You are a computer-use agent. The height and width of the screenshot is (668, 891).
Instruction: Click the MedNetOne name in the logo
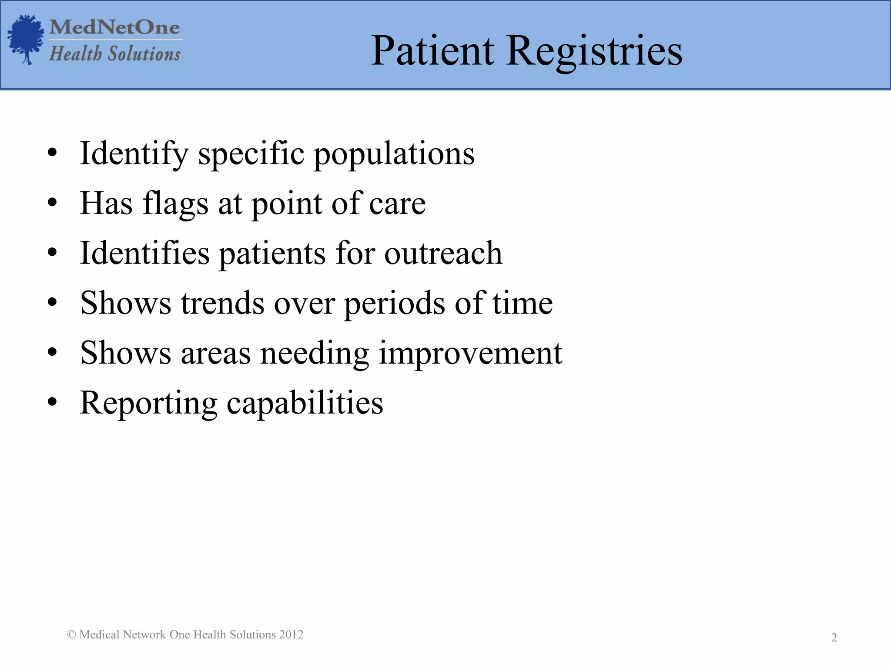[x=115, y=27]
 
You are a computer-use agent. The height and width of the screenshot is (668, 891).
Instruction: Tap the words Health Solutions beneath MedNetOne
[x=115, y=54]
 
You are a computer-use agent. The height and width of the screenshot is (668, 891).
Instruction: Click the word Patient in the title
[x=432, y=51]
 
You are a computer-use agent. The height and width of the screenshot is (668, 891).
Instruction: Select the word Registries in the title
[x=594, y=51]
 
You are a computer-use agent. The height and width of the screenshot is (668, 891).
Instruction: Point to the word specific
[x=251, y=154]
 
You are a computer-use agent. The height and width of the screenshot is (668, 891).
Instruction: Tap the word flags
[x=175, y=204]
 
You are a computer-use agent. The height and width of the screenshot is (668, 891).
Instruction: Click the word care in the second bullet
[x=397, y=204]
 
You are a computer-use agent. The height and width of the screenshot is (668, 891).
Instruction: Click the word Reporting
[x=148, y=404]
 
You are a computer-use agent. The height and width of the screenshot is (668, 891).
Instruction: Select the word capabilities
[x=305, y=404]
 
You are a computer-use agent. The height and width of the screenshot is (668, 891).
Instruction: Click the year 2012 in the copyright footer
[x=291, y=635]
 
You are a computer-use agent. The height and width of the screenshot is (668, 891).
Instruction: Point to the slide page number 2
[x=834, y=638]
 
